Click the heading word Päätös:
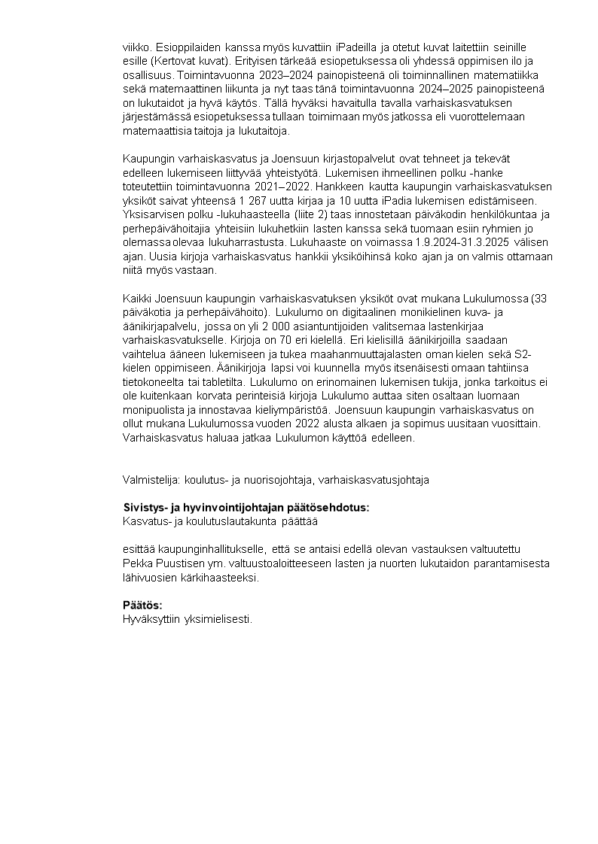[x=143, y=606]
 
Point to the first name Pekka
[x=137, y=563]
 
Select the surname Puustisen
[x=180, y=563]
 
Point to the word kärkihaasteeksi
[x=223, y=577]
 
